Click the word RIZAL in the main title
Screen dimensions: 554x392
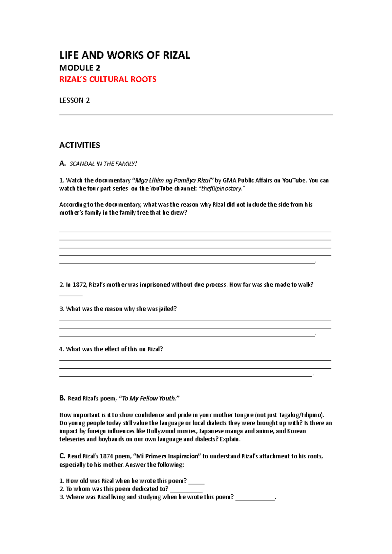click(x=176, y=55)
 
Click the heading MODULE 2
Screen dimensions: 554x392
click(x=80, y=68)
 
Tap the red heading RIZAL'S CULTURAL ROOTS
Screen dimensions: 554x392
click(x=108, y=79)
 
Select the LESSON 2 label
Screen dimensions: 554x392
click(x=74, y=100)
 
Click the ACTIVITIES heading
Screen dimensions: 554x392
click(x=79, y=145)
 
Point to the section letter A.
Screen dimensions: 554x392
click(x=62, y=164)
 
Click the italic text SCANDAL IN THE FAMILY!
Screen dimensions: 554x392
click(x=103, y=164)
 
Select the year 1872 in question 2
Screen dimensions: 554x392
click(x=79, y=285)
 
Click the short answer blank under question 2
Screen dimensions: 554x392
click(x=71, y=295)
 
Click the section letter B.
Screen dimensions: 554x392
click(x=62, y=398)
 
